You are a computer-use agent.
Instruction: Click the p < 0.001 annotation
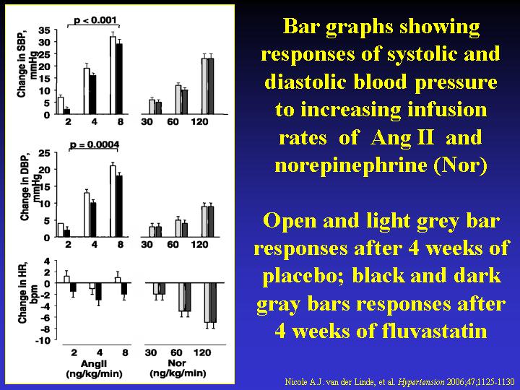coord(95,20)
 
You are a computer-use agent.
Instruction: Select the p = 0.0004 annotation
coord(95,145)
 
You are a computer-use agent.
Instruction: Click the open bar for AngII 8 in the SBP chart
coord(113,75)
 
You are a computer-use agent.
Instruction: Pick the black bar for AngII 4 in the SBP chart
coord(93,95)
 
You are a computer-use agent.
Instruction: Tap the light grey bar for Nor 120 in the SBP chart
coord(204,86)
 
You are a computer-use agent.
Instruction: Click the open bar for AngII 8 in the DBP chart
coord(113,201)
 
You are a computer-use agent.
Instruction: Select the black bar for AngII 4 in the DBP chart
coord(93,220)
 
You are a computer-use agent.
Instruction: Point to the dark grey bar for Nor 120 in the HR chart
coord(213,303)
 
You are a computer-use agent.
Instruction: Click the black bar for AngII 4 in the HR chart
coord(98,292)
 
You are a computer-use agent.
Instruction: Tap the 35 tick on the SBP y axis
coord(44,30)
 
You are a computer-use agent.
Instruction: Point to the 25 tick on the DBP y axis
coord(44,153)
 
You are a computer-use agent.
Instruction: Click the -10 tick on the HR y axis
coord(43,340)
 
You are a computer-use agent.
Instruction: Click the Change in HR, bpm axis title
coord(27,292)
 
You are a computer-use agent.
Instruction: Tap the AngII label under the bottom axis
coord(94,363)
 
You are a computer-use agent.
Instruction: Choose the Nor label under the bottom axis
coord(177,363)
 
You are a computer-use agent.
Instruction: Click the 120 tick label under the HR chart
coord(202,352)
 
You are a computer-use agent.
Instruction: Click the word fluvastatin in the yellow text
coord(435,331)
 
